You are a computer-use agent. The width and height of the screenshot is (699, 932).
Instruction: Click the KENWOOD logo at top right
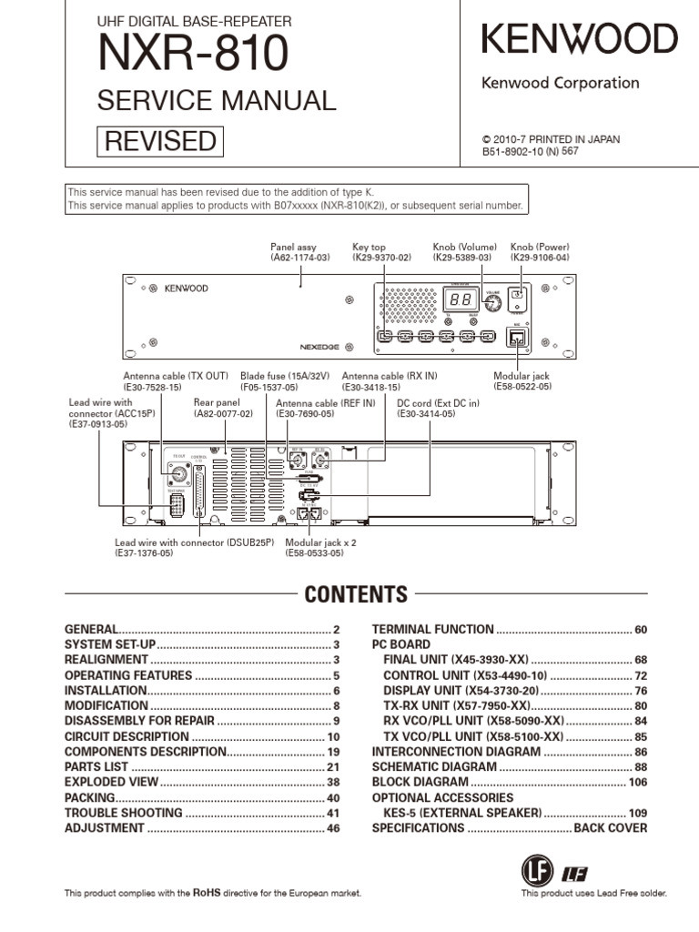point(579,39)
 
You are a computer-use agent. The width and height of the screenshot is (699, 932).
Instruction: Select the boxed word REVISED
point(160,141)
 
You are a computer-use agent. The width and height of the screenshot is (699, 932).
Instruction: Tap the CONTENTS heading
point(356,595)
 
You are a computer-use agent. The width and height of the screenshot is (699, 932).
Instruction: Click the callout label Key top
point(369,247)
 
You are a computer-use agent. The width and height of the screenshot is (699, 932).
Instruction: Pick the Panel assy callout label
point(293,247)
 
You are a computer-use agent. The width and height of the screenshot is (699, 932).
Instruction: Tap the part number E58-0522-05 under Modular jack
point(522,387)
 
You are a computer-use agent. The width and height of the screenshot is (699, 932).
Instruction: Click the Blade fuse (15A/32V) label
point(286,375)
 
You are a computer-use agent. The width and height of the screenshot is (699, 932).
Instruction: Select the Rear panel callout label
point(216,401)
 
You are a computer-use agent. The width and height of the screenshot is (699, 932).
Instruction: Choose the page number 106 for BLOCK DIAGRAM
point(636,782)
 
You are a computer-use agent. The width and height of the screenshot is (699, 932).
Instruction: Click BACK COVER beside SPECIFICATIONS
point(611,828)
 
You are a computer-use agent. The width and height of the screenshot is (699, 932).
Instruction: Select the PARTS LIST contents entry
point(97,766)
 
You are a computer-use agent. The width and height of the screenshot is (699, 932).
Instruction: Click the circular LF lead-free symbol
point(537,872)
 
